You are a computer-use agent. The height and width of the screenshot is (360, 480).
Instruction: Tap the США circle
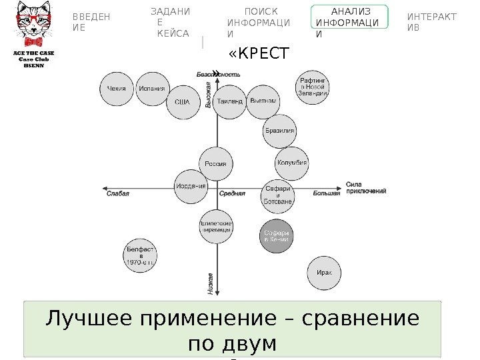coord(183,103)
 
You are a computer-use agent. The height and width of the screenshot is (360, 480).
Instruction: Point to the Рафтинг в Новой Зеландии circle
coord(313,87)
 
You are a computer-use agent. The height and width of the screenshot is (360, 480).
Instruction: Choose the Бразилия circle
coord(280,131)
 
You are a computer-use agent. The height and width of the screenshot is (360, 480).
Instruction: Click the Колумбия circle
coord(292,163)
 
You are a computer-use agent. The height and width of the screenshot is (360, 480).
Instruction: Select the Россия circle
coord(215,163)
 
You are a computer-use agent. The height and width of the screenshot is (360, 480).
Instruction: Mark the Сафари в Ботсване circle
coord(277,194)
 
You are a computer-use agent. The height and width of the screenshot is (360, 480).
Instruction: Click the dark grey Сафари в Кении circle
coord(276,236)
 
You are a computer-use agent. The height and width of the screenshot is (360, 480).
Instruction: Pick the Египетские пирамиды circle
coord(216,227)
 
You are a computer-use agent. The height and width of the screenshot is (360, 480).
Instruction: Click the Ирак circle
coord(324,273)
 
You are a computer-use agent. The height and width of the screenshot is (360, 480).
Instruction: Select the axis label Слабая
coord(117,193)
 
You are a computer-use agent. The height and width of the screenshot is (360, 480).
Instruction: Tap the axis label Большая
coord(327,193)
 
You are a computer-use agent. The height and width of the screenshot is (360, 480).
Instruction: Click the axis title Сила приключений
coord(366,187)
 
